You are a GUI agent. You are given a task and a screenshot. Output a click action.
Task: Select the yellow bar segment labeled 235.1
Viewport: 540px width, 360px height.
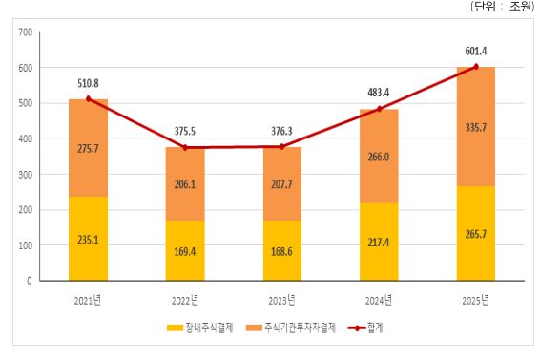[x=88, y=240]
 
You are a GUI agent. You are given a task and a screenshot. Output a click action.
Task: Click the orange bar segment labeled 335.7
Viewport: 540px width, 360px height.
[x=477, y=126]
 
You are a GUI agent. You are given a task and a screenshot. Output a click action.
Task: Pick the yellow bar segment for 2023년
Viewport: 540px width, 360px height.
[x=282, y=251]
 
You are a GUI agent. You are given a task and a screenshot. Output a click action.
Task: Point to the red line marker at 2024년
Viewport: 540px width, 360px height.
[x=380, y=109]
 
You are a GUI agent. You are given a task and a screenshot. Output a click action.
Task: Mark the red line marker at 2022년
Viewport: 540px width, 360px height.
[x=185, y=148]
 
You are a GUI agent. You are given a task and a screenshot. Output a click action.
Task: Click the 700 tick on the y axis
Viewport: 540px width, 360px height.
[x=25, y=32]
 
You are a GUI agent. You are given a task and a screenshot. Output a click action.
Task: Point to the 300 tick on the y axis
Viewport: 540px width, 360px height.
[x=25, y=175]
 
